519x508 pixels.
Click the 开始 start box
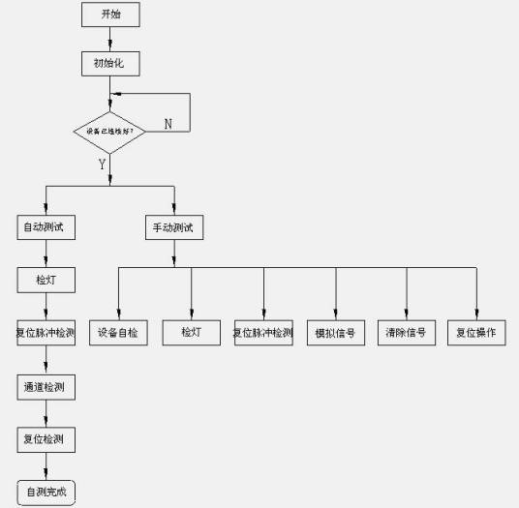[x=110, y=15]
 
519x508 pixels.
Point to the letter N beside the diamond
[x=168, y=124]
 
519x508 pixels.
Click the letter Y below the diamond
[x=101, y=164]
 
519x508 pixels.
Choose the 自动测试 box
[x=47, y=228]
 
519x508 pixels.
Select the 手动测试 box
[x=174, y=228]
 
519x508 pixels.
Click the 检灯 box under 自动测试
[x=47, y=281]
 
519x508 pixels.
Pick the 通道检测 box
[x=47, y=386]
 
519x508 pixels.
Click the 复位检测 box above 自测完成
[x=47, y=439]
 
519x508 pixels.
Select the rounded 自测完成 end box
[x=47, y=490]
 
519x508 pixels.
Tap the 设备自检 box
[x=118, y=332]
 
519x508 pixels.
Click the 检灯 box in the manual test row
[x=191, y=332]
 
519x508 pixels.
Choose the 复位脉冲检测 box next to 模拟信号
[x=263, y=332]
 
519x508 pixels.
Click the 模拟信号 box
[x=336, y=332]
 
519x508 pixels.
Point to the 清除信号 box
[x=407, y=332]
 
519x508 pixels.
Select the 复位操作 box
[x=476, y=332]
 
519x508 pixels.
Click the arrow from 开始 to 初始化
[x=110, y=38]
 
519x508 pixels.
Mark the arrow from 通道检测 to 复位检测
[x=47, y=413]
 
